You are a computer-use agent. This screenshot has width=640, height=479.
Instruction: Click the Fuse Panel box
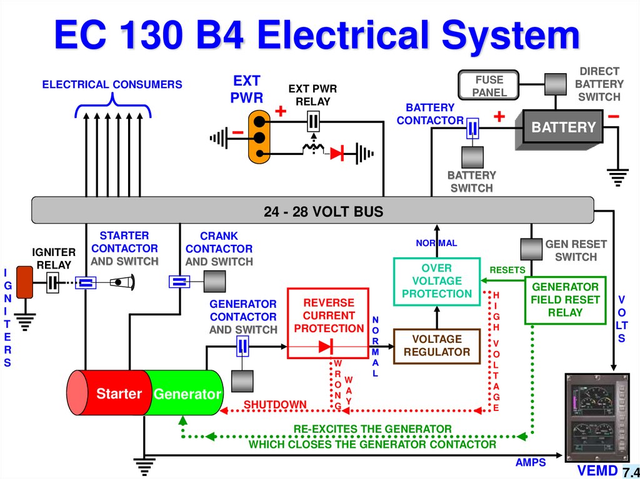coord(489,86)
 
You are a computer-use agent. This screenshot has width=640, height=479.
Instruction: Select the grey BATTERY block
coord(562,127)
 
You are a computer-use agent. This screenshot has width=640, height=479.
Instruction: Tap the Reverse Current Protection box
coord(329,322)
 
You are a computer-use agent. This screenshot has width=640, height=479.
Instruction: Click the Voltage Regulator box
coord(437,346)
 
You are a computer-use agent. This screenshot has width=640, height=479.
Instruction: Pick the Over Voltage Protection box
coord(437,281)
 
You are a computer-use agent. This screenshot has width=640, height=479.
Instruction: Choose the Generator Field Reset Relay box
coord(564,300)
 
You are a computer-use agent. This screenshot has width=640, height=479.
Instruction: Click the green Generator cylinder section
coord(187,393)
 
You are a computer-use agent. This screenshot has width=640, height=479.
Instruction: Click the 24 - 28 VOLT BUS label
coord(323,211)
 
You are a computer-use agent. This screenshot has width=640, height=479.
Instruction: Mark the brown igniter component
coord(25,282)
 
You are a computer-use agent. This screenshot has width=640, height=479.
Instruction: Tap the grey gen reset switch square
coord(531,249)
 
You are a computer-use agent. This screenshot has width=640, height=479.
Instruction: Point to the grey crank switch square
coord(214,282)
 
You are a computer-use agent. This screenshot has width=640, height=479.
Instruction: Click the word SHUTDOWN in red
coord(275,405)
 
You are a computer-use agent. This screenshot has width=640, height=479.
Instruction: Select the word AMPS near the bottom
coord(531,463)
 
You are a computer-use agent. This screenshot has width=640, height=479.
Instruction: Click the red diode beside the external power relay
coord(338,152)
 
